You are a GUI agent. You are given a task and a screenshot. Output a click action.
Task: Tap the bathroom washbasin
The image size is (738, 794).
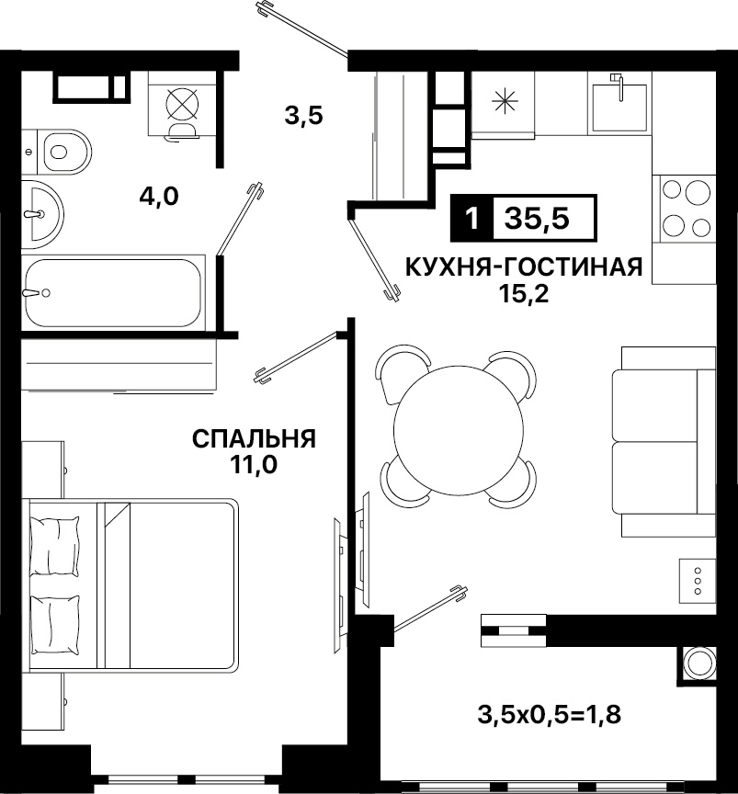coord(42,215)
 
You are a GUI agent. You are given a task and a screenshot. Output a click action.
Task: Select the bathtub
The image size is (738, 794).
coord(113,292)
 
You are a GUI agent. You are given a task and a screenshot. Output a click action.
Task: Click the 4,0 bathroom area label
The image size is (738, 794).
coord(159,197)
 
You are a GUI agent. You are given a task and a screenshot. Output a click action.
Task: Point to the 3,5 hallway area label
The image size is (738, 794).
coord(303,116)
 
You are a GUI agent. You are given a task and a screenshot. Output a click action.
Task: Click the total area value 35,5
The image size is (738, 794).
coord(537,218)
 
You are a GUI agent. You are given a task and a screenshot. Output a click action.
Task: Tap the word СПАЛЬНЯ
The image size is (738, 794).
coord(254,438)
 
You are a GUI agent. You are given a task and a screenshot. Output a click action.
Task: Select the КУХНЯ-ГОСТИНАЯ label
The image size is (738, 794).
coord(524,267)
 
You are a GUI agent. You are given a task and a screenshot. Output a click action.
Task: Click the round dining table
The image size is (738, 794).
coord(458,429)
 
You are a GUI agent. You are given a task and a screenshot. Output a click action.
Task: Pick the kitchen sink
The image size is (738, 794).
coord(619,104)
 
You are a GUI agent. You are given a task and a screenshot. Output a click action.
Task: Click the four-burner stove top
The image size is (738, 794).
coord(685,209)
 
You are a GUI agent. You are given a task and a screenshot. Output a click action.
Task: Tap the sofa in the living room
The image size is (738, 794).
coord(664,441)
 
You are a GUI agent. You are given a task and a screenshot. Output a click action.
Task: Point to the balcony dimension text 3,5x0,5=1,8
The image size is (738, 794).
coord(549,716)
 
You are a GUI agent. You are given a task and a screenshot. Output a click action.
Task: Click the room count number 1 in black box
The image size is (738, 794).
coord(471,218)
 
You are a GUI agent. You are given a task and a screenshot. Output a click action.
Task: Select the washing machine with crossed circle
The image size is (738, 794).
coord(182,104)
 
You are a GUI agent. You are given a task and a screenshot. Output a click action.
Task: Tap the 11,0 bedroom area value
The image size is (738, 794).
coord(254,465)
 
